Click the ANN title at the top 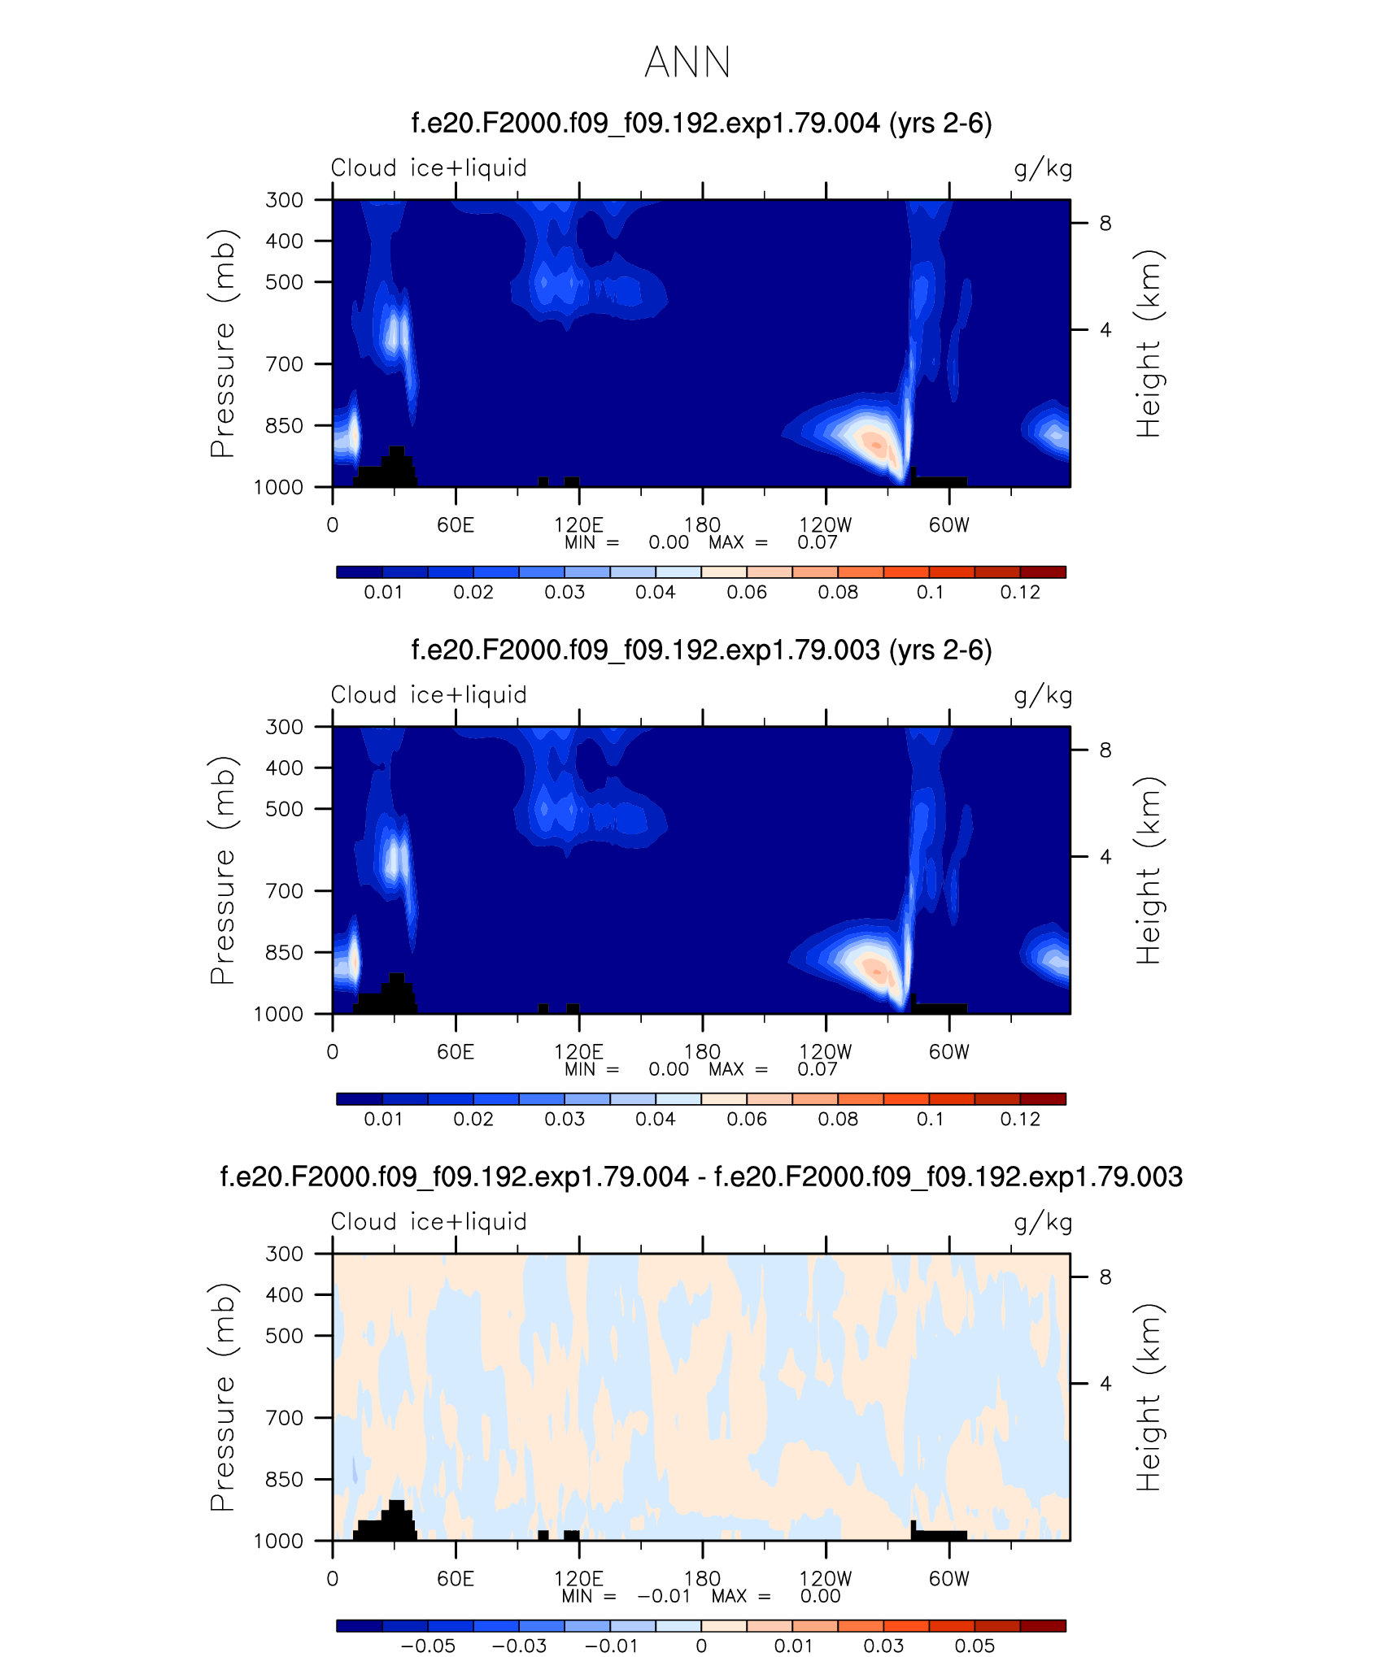point(687,63)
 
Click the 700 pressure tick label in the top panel point(284,364)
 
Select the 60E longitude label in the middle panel point(456,1052)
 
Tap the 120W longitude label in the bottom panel point(826,1579)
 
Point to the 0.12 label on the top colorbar point(1020,593)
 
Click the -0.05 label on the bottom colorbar point(428,1646)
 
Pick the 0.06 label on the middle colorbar point(747,1120)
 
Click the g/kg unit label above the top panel point(1043,169)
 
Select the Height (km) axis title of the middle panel point(1148,870)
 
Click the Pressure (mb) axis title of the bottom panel point(222,1397)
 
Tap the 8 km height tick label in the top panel point(1105,223)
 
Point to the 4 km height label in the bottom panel point(1105,1383)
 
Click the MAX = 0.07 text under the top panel point(773,543)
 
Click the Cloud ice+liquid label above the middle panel point(429,695)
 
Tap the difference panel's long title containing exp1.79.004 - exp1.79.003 point(701,1176)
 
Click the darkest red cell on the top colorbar point(1043,572)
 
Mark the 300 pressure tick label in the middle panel point(284,727)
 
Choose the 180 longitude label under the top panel point(702,525)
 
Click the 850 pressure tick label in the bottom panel point(284,1479)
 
